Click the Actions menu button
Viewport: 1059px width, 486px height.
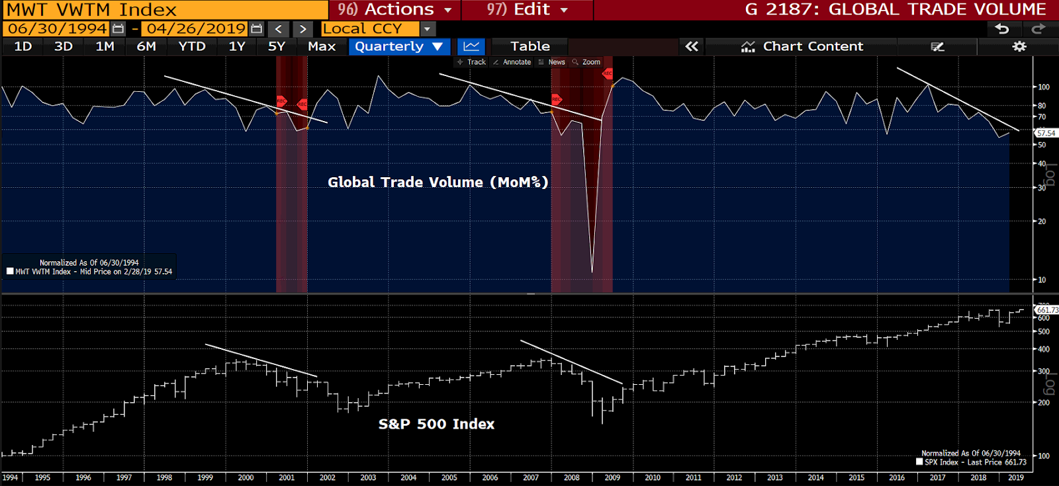394,9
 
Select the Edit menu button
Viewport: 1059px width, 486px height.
527,9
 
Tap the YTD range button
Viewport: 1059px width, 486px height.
192,46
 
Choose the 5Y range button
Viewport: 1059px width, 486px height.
276,46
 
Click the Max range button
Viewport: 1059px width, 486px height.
322,46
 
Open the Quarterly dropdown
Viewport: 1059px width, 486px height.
398,46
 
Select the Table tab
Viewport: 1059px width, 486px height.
529,46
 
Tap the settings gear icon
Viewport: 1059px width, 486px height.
1019,46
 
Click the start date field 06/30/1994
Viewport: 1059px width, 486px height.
58,29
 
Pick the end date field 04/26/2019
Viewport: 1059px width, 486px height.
196,29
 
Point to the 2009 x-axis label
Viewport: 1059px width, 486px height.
612,477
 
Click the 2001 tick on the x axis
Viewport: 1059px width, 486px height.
287,477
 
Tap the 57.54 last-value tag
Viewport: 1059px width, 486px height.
1046,134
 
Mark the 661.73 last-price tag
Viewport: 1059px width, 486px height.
1047,309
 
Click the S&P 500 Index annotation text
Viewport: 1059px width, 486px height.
436,424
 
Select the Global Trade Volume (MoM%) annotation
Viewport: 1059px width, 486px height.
437,182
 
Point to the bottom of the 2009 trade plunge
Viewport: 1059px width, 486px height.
592,271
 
